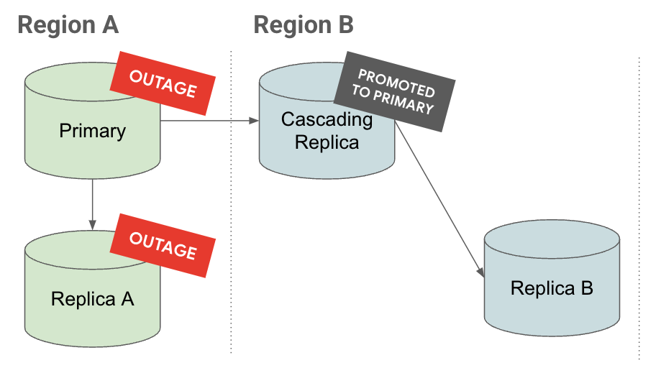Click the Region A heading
(68, 25)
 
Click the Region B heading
(303, 25)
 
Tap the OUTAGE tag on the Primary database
(163, 83)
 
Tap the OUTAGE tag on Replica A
(163, 245)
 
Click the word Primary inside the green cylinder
(92, 131)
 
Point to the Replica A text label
(92, 298)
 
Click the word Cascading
(327, 119)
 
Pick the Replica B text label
(552, 288)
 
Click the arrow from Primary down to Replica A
(92, 201)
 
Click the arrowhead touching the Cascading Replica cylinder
(254, 121)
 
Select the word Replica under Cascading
(327, 142)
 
